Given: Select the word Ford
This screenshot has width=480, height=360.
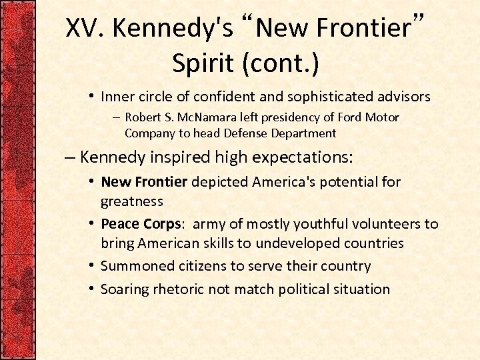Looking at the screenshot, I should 349,118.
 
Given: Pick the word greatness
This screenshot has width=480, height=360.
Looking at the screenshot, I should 132,201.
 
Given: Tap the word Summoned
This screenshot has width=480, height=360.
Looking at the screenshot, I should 137,266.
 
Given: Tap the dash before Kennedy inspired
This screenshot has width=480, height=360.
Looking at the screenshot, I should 70,158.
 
